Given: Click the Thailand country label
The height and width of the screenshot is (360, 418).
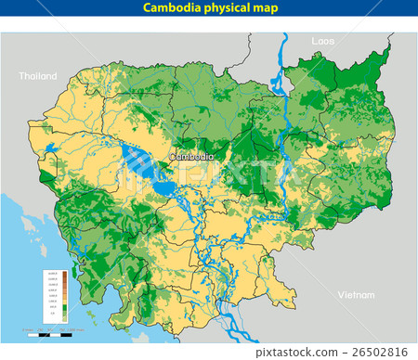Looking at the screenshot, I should click(38, 76).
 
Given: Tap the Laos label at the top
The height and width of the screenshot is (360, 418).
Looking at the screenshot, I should click(322, 42).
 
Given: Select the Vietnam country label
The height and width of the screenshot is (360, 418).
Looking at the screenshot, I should click(357, 294).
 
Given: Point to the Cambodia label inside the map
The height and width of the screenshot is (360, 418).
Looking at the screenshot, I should click(192, 157).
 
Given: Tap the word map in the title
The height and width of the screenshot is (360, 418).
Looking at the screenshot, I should click(265, 8).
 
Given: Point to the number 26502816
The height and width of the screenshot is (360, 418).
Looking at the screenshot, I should click(385, 352).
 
